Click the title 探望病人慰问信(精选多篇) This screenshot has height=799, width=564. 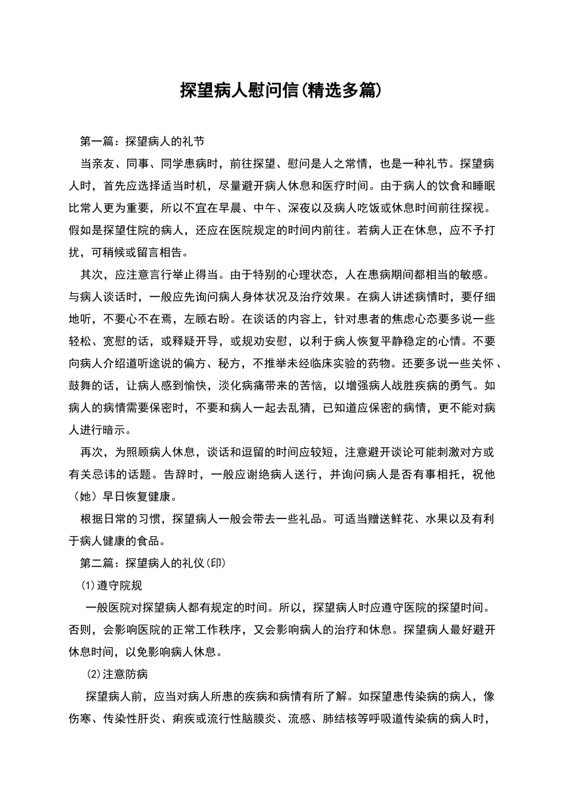pyautogui.click(x=280, y=90)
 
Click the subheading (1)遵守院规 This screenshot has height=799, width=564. pyautogui.click(x=112, y=586)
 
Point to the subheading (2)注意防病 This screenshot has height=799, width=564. pyautogui.click(x=117, y=674)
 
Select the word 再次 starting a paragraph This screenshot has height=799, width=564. pyautogui.click(x=91, y=452)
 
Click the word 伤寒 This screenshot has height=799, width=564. pyautogui.click(x=80, y=719)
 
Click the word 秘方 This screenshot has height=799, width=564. pyautogui.click(x=230, y=363)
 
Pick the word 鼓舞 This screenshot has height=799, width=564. pyautogui.click(x=80, y=385)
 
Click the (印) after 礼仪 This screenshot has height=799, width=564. pyautogui.click(x=218, y=563)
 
